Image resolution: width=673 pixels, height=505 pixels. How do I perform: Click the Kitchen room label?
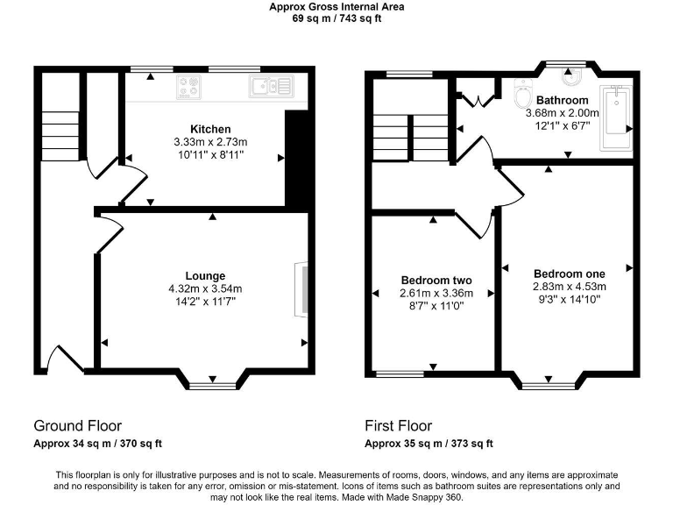click(210, 130)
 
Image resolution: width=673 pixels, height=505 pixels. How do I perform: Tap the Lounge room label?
click(205, 275)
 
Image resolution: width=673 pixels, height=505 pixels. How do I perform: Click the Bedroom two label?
click(436, 281)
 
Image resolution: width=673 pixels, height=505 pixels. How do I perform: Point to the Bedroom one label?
click(569, 273)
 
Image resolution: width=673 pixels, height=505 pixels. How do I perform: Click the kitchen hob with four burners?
click(188, 86)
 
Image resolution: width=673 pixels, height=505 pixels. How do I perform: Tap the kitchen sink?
click(270, 86)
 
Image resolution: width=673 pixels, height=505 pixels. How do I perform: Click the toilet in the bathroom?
click(522, 93)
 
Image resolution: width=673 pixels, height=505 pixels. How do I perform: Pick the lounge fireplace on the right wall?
click(301, 290)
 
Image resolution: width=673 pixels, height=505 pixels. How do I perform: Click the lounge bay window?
click(213, 382)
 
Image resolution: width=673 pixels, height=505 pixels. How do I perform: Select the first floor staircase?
click(408, 136)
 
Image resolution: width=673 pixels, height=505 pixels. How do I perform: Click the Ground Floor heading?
click(77, 426)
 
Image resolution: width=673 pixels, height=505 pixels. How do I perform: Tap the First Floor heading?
click(398, 426)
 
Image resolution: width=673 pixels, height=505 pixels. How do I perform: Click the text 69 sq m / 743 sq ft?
click(337, 17)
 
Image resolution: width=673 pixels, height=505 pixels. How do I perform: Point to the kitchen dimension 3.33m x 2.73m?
click(210, 142)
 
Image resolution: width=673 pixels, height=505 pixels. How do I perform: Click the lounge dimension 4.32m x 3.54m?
click(205, 288)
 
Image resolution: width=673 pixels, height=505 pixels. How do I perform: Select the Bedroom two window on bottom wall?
click(400, 374)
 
